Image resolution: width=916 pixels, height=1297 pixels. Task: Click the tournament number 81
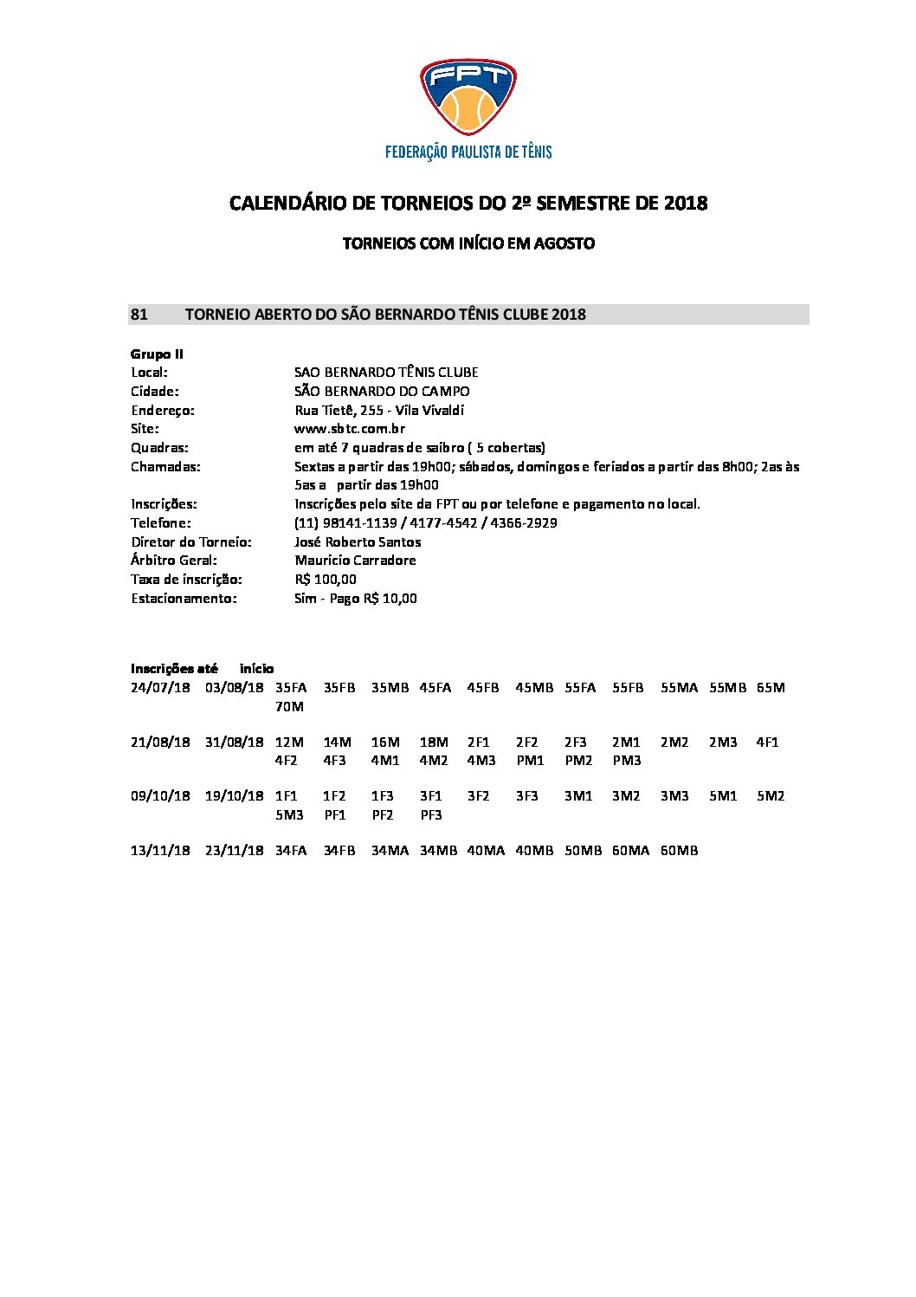click(139, 315)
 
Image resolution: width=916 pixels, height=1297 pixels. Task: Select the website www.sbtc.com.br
click(350, 429)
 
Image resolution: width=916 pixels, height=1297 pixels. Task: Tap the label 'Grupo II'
click(157, 353)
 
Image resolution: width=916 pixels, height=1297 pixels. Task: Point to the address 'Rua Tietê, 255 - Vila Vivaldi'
click(379, 410)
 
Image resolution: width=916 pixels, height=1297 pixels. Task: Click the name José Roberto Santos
click(358, 541)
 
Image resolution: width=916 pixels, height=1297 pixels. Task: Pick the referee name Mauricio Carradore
click(355, 561)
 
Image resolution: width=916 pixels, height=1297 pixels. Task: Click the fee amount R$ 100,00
click(326, 580)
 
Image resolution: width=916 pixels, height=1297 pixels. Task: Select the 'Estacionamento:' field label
click(184, 599)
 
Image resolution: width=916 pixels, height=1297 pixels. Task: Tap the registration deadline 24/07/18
click(160, 688)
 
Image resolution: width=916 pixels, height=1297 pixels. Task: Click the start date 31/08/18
click(234, 743)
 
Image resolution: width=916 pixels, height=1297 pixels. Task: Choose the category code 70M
click(289, 707)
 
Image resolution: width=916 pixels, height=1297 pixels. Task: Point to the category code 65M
click(771, 688)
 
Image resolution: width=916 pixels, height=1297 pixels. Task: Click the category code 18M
click(434, 743)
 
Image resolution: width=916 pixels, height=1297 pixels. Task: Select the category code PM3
click(627, 761)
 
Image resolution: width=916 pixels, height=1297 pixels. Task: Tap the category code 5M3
click(289, 815)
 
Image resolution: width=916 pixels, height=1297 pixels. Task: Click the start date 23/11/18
click(234, 851)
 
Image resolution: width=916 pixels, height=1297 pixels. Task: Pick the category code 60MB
click(679, 851)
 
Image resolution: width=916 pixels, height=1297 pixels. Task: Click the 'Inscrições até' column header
click(174, 669)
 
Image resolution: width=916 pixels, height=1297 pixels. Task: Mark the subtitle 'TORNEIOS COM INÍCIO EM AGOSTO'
click(468, 243)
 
